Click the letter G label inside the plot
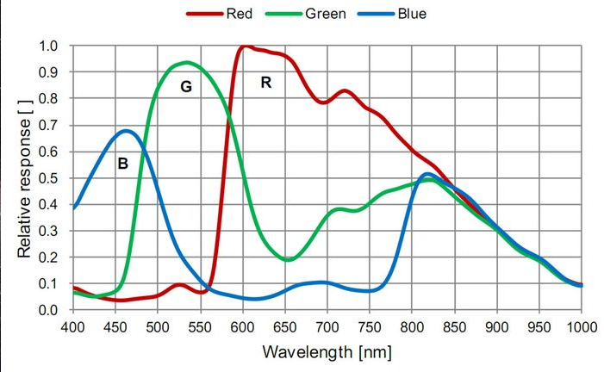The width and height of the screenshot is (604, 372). click(x=185, y=87)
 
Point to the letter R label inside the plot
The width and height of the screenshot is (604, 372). click(x=266, y=83)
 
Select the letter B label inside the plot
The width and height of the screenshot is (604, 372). click(x=122, y=163)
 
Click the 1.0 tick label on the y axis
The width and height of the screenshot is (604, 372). click(x=49, y=46)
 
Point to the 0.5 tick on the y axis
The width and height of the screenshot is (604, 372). click(x=49, y=178)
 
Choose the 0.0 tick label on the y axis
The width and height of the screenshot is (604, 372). click(x=49, y=310)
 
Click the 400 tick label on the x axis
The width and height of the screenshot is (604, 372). click(x=73, y=327)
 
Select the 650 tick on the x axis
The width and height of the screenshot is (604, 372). click(x=286, y=327)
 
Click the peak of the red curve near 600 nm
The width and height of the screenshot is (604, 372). click(x=246, y=46)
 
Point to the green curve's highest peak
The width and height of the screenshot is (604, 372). click(x=186, y=62)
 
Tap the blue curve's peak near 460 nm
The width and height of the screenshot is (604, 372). click(x=126, y=131)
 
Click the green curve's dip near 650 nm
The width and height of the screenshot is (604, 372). click(x=289, y=259)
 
